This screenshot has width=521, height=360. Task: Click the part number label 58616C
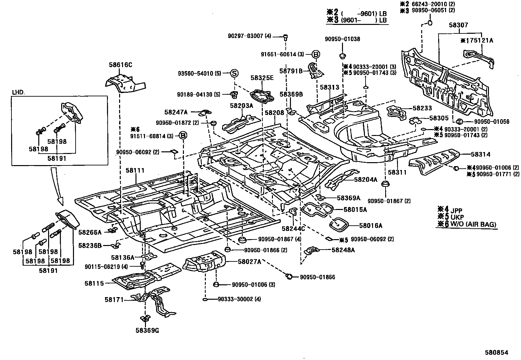coord(120,65)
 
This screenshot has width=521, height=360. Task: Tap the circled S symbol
coord(234,73)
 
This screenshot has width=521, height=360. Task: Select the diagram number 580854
coord(496,352)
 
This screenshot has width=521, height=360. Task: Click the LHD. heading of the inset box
coord(19,92)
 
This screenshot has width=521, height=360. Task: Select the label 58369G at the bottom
coord(147,330)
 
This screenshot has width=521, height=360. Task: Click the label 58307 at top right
coord(458,25)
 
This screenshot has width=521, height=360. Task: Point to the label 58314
coord(481,154)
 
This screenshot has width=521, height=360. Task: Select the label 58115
coord(94,283)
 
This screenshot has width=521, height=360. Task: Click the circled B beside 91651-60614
coord(315,54)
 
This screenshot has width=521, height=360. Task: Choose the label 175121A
coord(478,40)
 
